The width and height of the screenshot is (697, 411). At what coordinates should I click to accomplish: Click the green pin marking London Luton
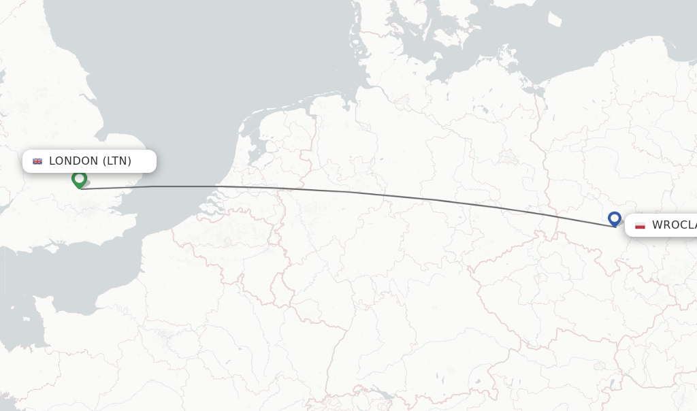(79, 179)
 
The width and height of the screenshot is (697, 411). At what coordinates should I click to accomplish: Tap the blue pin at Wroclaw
(615, 218)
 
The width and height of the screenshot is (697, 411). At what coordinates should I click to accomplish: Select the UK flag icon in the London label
(37, 161)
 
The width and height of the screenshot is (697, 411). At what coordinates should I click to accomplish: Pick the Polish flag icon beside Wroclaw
(640, 225)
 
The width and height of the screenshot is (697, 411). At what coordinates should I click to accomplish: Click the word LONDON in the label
(74, 161)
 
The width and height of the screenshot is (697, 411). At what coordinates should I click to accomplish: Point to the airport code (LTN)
(116, 161)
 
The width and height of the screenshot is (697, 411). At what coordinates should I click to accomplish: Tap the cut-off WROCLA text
(674, 225)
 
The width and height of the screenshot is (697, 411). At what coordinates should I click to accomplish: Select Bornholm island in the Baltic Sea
(555, 18)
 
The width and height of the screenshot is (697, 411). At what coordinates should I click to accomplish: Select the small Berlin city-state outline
(508, 156)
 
